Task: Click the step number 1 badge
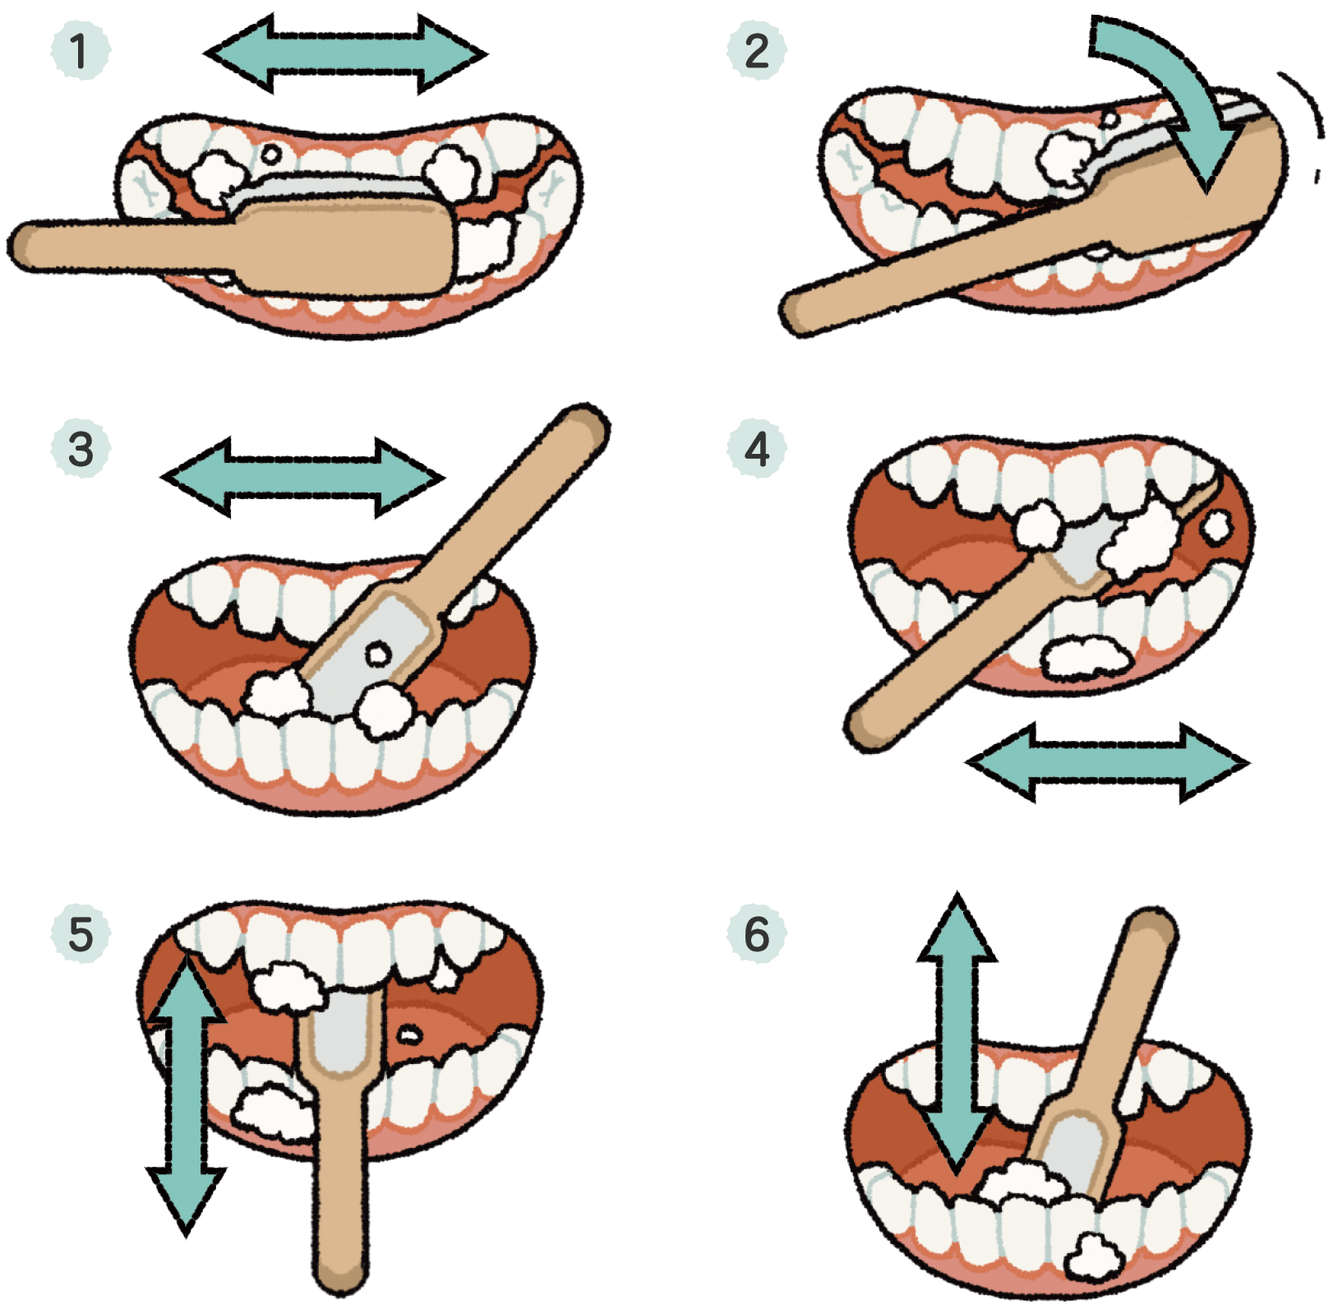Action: [x=80, y=51]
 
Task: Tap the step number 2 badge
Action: [x=756, y=51]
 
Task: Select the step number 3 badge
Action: [x=80, y=449]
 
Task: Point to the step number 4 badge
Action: [x=756, y=449]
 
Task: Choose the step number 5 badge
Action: [x=80, y=933]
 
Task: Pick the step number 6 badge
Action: [x=756, y=933]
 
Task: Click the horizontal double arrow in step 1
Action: [x=345, y=54]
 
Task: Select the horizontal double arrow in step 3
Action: [x=302, y=478]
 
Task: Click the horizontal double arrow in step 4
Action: [x=1107, y=762]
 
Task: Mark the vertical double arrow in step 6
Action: [x=957, y=1032]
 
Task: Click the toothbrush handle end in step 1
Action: [x=25, y=245]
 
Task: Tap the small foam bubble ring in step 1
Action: [x=270, y=154]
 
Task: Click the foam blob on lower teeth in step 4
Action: [x=1085, y=657]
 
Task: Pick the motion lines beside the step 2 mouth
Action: [x=1307, y=123]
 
